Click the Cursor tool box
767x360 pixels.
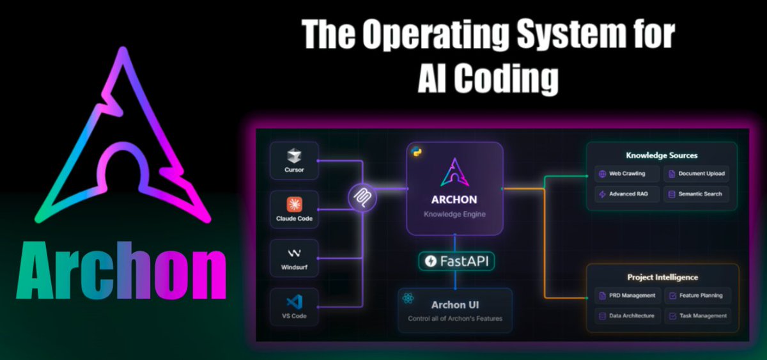pos(294,161)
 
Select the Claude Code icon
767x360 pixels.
pos(294,204)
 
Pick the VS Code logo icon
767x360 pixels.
pos(294,302)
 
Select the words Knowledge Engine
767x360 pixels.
pos(454,214)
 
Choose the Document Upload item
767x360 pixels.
pos(696,173)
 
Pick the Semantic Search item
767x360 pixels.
pos(696,194)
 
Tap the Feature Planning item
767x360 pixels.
pos(697,295)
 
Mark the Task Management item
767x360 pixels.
pos(697,316)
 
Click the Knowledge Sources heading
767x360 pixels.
pos(661,155)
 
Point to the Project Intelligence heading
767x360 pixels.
pos(662,277)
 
